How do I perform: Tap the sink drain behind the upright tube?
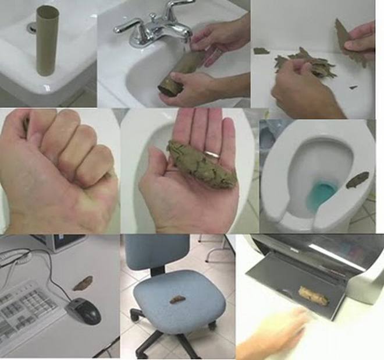pyautogui.click(x=31, y=27)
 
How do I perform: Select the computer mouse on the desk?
pyautogui.click(x=83, y=310)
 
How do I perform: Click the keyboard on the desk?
pyautogui.click(x=29, y=308)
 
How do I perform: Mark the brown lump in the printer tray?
pyautogui.click(x=314, y=295)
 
